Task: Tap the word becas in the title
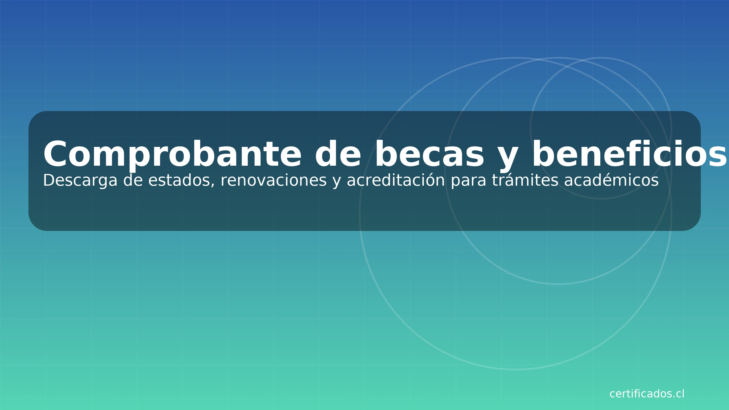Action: pyautogui.click(x=429, y=154)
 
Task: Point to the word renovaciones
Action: pyautogui.click(x=274, y=181)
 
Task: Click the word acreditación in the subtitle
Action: pyautogui.click(x=396, y=181)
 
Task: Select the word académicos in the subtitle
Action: pyautogui.click(x=611, y=181)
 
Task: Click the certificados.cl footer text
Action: pyautogui.click(x=647, y=394)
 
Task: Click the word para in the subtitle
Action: pyautogui.click(x=468, y=183)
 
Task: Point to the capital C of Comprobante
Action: pyautogui.click(x=55, y=154)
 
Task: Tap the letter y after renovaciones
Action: pyautogui.click(x=337, y=183)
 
